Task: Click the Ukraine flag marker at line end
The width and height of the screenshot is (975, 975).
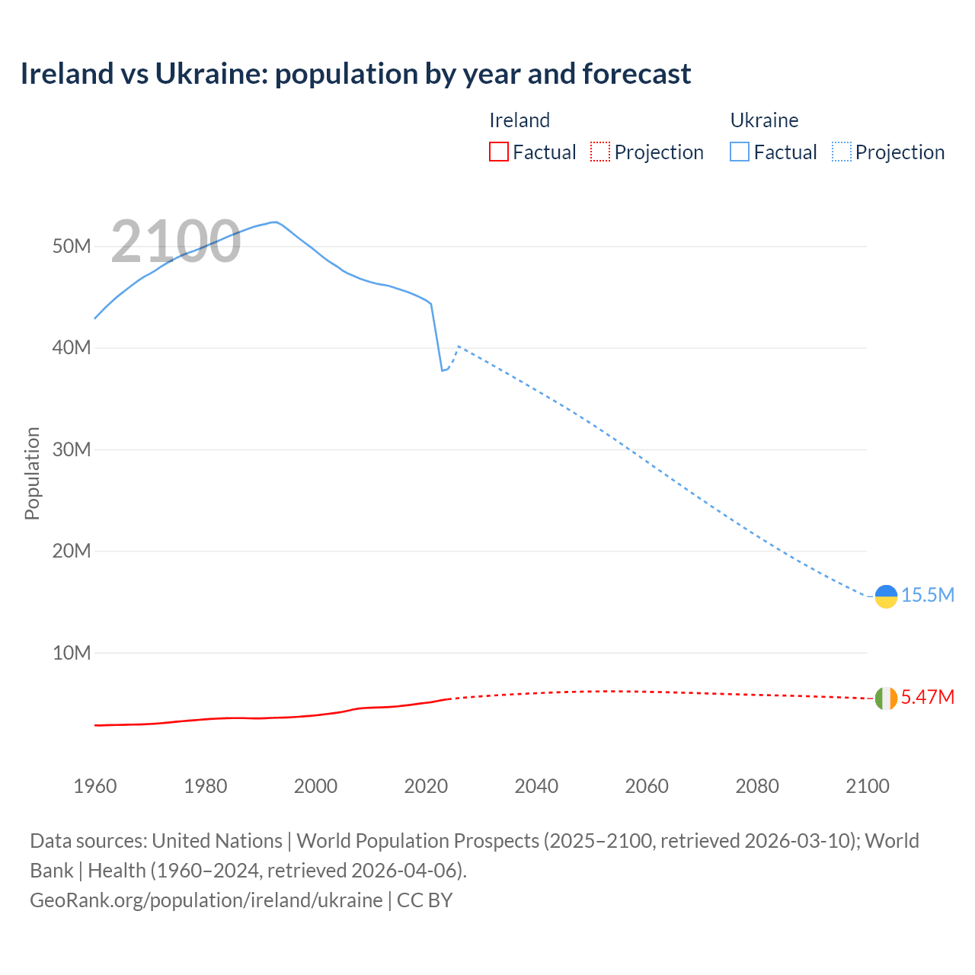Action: [886, 596]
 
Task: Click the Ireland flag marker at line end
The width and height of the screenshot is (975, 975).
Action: [886, 698]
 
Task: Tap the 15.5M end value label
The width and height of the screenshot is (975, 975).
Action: [928, 596]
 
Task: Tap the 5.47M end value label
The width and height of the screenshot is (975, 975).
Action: [928, 698]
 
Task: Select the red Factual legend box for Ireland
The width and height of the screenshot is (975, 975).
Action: [498, 152]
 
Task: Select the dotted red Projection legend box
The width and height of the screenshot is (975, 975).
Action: [600, 152]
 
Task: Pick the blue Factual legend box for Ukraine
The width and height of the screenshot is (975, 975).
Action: [739, 152]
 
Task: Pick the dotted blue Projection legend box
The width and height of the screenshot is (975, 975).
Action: [842, 152]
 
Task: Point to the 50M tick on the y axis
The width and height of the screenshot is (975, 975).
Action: [72, 247]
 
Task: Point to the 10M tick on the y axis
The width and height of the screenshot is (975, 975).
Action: [72, 653]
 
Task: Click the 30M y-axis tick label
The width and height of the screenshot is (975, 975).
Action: [72, 449]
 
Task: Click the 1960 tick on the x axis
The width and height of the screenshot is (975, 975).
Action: [95, 786]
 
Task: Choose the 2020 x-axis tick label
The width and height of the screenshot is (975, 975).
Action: [426, 786]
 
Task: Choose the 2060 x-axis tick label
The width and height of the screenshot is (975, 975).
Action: [647, 786]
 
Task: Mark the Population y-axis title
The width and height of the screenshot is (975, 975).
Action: [32, 473]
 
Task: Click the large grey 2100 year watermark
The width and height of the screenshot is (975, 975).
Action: [176, 242]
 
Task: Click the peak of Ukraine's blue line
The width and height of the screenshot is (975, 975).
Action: [274, 222]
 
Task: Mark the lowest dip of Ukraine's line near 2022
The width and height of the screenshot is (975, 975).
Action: [442, 370]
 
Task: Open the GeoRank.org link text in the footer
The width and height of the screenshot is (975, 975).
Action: [206, 900]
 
